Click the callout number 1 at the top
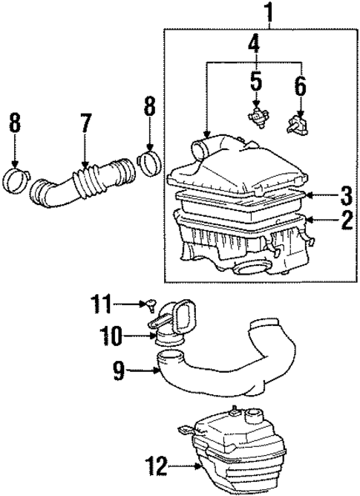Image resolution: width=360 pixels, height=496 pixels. click(269, 13)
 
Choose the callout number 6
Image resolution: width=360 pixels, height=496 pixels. click(300, 87)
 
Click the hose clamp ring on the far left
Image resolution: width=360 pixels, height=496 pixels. click(15, 179)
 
